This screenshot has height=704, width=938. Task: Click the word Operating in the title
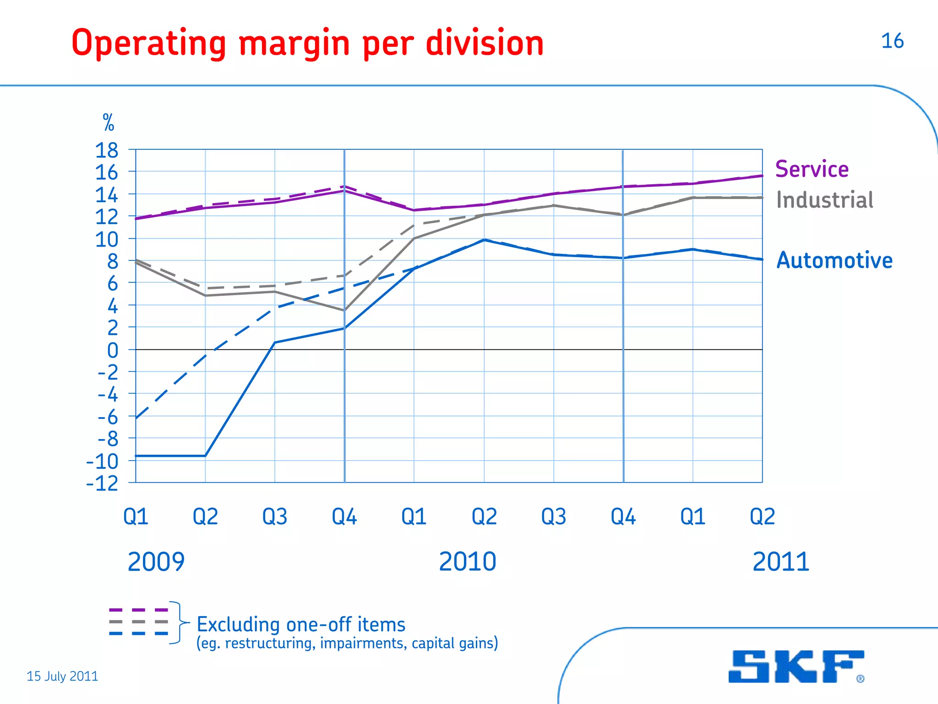point(149,44)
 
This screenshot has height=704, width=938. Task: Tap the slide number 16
point(892,41)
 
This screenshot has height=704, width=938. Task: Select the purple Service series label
point(812,169)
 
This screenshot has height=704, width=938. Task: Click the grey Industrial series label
point(824,200)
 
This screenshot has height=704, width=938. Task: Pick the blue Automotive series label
point(834,260)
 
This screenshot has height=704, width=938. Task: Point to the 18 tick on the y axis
point(106,151)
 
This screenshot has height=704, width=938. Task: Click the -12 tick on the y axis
point(102,484)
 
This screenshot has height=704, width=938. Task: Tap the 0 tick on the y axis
point(112,351)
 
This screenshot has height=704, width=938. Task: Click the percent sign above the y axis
point(109,123)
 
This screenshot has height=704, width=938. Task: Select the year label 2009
point(156,562)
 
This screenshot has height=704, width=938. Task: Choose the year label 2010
point(467,562)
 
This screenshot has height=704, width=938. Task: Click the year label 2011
point(781,562)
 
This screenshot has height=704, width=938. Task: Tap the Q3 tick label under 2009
point(274,517)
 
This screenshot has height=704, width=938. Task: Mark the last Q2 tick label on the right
point(762,517)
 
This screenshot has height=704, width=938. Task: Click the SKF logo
point(796,666)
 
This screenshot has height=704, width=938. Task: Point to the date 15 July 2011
point(62,676)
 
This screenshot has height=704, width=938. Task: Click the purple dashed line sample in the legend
point(138,610)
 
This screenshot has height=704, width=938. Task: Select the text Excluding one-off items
point(301,625)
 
